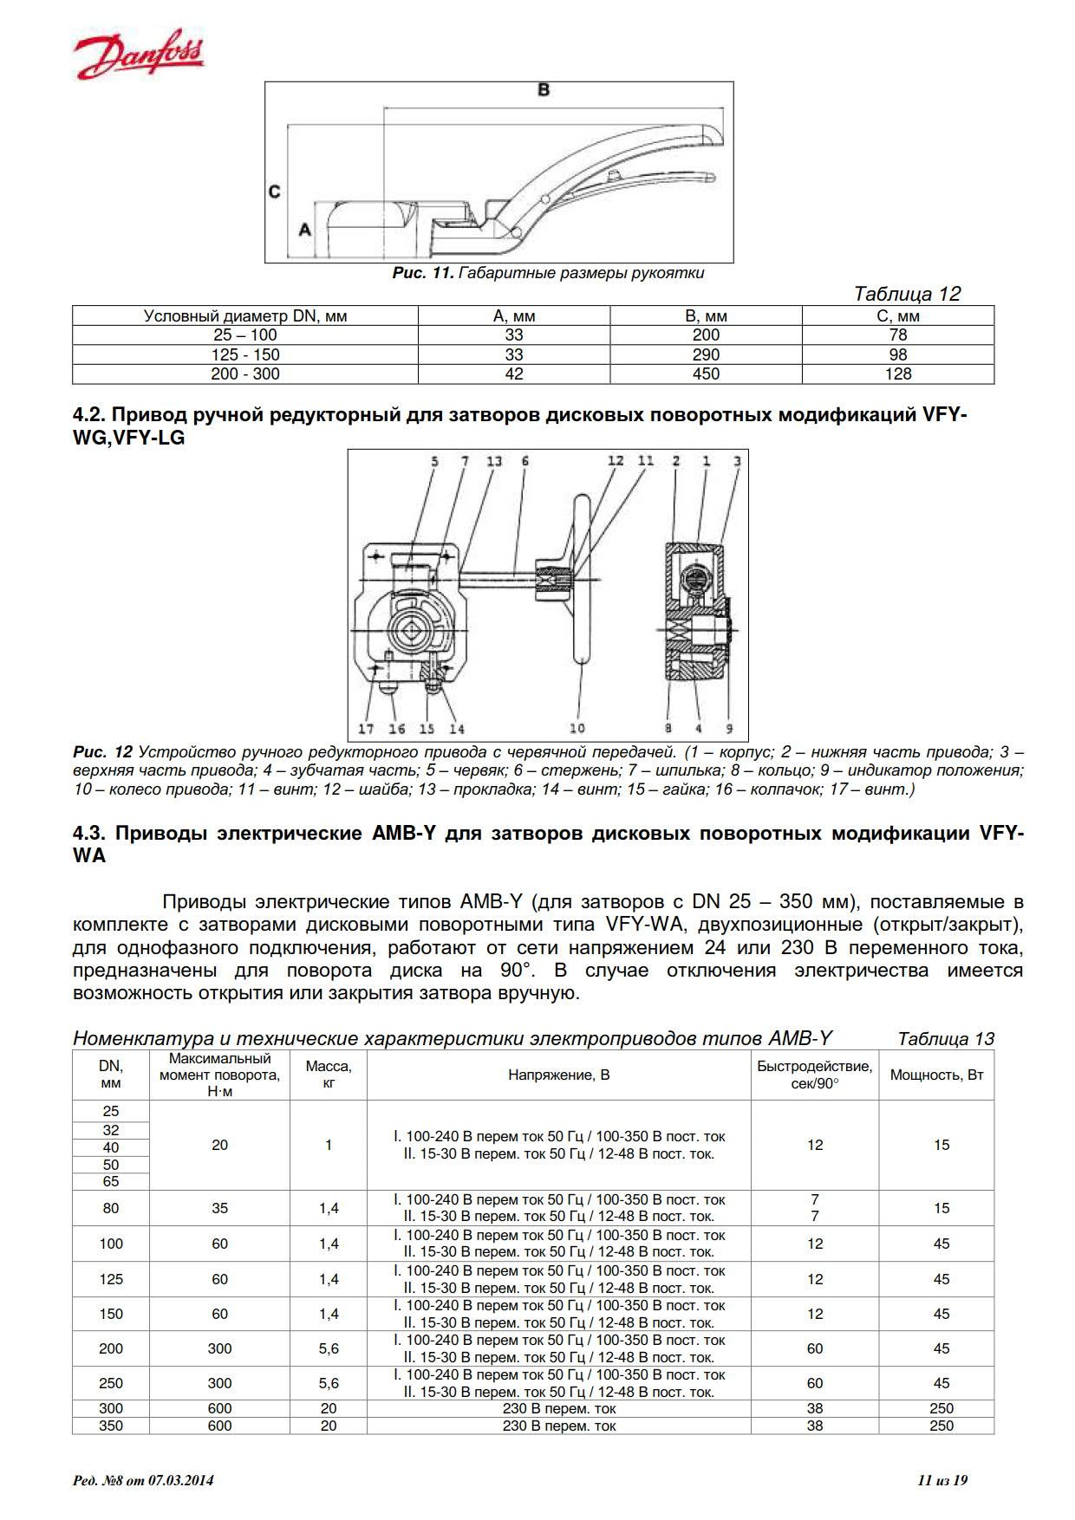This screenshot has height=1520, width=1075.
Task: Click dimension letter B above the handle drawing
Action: click(x=544, y=89)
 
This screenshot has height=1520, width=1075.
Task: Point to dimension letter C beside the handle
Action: click(x=274, y=192)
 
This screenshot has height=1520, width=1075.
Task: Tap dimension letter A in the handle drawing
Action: click(x=304, y=230)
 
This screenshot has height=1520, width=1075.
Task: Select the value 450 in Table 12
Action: click(x=706, y=374)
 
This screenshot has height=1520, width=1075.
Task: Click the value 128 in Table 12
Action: click(x=897, y=374)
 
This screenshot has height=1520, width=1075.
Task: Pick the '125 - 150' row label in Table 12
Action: click(x=245, y=354)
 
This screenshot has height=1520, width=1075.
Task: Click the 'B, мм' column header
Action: click(x=706, y=316)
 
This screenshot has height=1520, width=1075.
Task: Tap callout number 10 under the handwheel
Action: click(x=577, y=728)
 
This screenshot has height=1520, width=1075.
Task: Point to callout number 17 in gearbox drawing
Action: click(x=367, y=729)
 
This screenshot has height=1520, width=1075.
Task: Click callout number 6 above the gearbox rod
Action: click(x=525, y=462)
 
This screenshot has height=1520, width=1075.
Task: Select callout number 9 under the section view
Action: click(x=729, y=729)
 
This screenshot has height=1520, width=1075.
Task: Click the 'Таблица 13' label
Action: click(x=946, y=1038)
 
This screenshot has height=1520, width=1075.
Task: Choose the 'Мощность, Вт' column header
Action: click(x=936, y=1075)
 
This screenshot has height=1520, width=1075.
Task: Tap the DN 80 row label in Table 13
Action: click(x=111, y=1208)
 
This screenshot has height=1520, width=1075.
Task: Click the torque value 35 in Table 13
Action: click(x=219, y=1208)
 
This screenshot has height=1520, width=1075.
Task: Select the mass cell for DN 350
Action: click(x=329, y=1426)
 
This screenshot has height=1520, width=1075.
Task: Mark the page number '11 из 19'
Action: click(x=941, y=1480)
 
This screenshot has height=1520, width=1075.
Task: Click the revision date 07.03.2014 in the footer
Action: click(x=180, y=1480)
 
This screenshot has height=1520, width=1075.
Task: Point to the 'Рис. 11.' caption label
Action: click(x=423, y=273)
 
